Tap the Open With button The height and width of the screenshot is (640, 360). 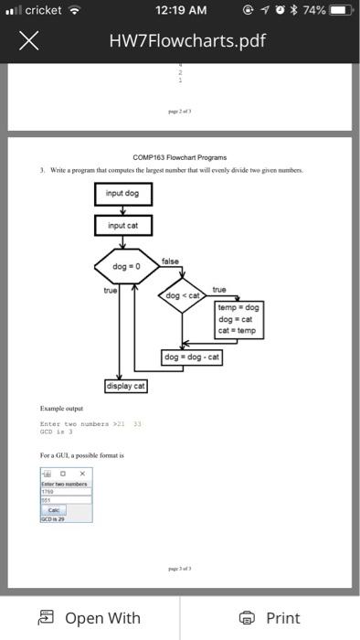(90, 618)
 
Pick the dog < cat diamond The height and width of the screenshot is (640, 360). (185, 295)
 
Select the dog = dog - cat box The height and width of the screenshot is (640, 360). (193, 358)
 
